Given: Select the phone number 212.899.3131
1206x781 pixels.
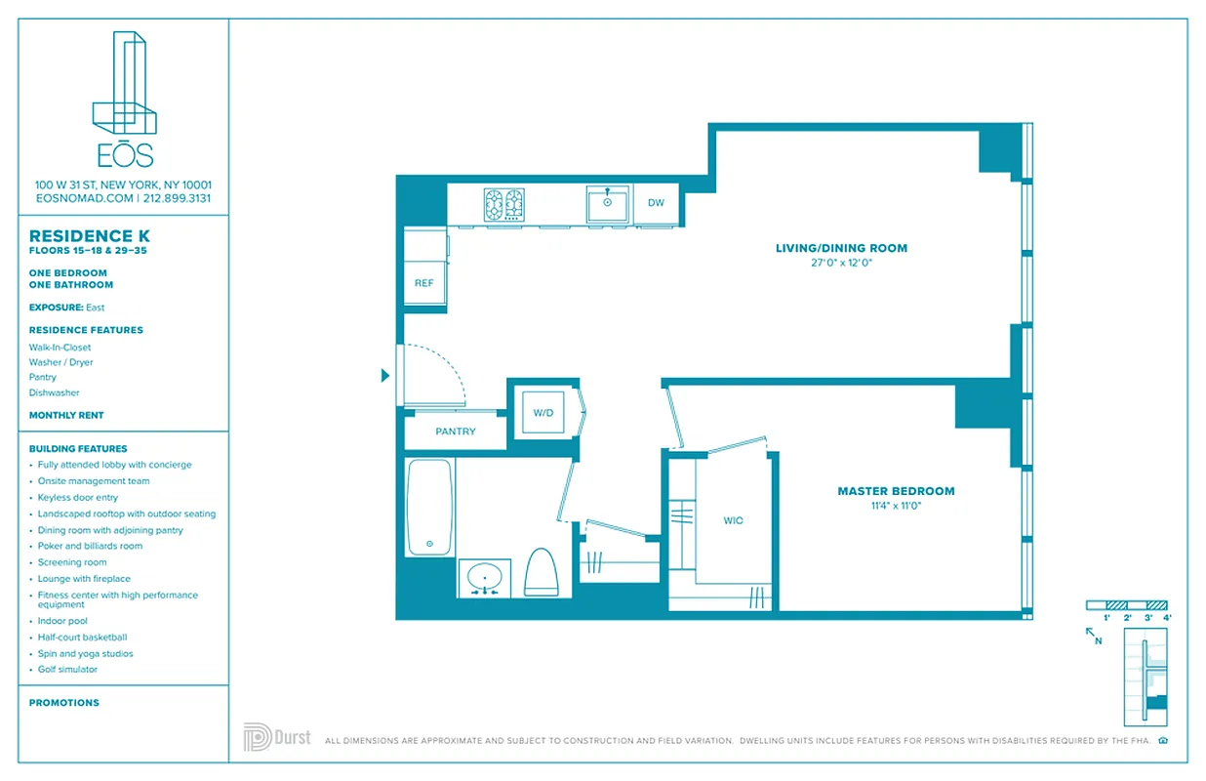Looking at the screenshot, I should point(177,198).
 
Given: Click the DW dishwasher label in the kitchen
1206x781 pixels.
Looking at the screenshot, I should point(656,203).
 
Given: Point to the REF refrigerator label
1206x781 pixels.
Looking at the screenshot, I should point(423,283).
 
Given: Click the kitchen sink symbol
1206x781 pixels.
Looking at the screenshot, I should point(607,204).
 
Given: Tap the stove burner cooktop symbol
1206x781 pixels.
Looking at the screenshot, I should point(504,205).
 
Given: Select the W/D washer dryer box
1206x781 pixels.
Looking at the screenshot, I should point(543,413).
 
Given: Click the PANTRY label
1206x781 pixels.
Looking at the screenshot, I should point(456,432).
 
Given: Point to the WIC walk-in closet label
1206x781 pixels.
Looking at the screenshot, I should point(733,520).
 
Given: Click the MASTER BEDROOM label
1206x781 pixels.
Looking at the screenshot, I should point(896,491).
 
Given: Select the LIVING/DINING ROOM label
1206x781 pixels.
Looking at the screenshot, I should point(841,248).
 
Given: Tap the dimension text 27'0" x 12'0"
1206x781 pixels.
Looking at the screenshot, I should point(841,263).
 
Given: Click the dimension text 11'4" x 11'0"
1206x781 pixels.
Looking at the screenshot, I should point(895,506).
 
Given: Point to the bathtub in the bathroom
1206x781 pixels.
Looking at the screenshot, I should point(429,508).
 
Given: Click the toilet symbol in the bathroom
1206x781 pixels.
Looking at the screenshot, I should point(541,572).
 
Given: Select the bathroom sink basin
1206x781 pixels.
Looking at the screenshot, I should point(484,575).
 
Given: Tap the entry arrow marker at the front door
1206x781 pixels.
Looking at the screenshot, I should point(385,375).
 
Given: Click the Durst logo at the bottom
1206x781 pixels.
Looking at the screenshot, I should point(277,737).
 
